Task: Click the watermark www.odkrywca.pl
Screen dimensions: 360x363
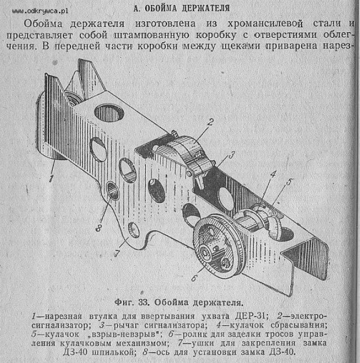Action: (x=40, y=11)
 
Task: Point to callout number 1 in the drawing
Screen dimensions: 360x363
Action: (x=51, y=178)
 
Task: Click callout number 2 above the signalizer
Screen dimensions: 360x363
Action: (x=210, y=122)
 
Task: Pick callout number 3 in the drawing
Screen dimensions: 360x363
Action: (x=232, y=155)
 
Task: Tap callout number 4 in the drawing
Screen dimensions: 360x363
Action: (x=273, y=174)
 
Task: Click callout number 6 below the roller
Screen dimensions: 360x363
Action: (x=194, y=278)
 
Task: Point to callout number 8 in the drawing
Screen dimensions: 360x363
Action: (x=98, y=228)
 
